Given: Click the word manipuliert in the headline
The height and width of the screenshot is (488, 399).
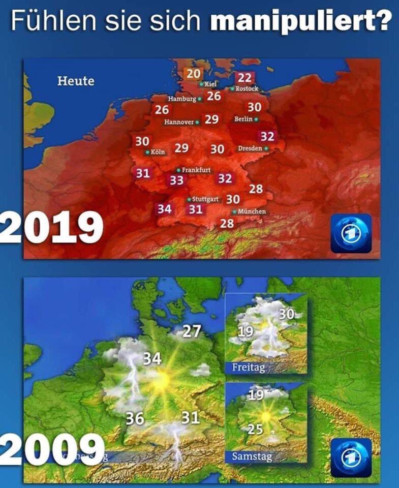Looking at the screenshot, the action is pos(300,21).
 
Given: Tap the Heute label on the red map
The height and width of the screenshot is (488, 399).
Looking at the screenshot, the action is pos(75,81).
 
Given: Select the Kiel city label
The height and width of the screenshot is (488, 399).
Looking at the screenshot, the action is pos(210,83).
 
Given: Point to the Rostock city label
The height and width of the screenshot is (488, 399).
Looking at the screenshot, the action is pos(247,89).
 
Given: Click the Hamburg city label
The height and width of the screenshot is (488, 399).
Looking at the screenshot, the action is pos(182,98).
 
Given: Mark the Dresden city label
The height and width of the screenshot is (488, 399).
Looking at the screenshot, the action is pos(250,148).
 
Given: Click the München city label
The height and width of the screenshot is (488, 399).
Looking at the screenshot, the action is pos(251,211).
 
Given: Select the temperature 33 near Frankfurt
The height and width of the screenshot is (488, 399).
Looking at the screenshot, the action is pos(176,180).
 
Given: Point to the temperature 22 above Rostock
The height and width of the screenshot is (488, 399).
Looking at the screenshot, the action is pos(244,78).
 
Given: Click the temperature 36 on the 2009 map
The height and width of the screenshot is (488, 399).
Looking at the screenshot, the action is pos(135,418).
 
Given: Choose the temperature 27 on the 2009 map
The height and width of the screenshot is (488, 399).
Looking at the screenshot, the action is pos(192,331).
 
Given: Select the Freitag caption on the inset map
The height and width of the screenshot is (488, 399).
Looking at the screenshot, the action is pos(249,367).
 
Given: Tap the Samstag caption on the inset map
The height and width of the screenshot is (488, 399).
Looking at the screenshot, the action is pos(252,456).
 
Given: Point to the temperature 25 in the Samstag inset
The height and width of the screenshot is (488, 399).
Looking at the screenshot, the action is pos(255,429).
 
